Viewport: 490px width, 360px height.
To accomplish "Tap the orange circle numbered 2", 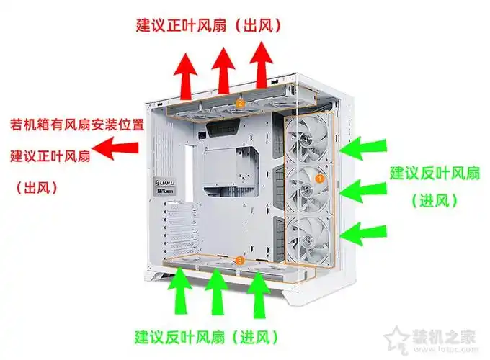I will [240, 104].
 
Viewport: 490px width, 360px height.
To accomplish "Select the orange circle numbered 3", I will [241, 258].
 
